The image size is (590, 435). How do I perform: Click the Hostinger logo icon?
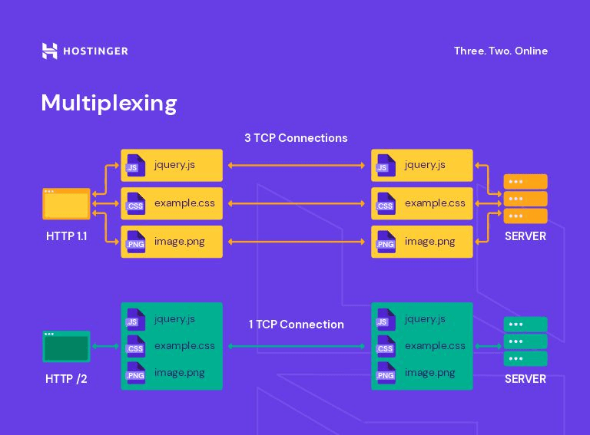coord(49,51)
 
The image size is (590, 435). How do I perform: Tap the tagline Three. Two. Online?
coord(500,51)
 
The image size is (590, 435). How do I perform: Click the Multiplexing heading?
coord(109,103)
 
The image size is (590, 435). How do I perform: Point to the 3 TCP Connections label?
coord(296,138)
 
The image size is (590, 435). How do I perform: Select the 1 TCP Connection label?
coord(296,325)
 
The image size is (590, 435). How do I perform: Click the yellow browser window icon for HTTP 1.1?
coord(66,204)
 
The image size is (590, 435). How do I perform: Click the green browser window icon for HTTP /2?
coord(66,347)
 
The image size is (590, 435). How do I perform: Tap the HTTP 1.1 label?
coord(66,236)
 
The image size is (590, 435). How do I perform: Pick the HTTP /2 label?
coord(66,379)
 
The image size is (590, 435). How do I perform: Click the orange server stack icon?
coord(525,199)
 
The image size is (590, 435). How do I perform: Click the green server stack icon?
coord(525,341)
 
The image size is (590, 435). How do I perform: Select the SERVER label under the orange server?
coord(525,236)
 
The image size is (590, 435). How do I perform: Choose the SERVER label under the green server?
coord(525,379)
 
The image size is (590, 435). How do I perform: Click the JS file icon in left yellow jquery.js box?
coord(135,166)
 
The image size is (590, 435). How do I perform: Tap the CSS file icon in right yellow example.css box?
coord(385,204)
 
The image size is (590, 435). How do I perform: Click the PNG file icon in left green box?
coord(135,374)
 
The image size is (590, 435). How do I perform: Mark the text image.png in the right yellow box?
coord(429,242)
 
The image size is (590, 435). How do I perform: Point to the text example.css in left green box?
coord(184,346)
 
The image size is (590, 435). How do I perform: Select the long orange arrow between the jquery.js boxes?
coord(297,166)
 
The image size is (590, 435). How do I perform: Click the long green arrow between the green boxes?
coord(297,347)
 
